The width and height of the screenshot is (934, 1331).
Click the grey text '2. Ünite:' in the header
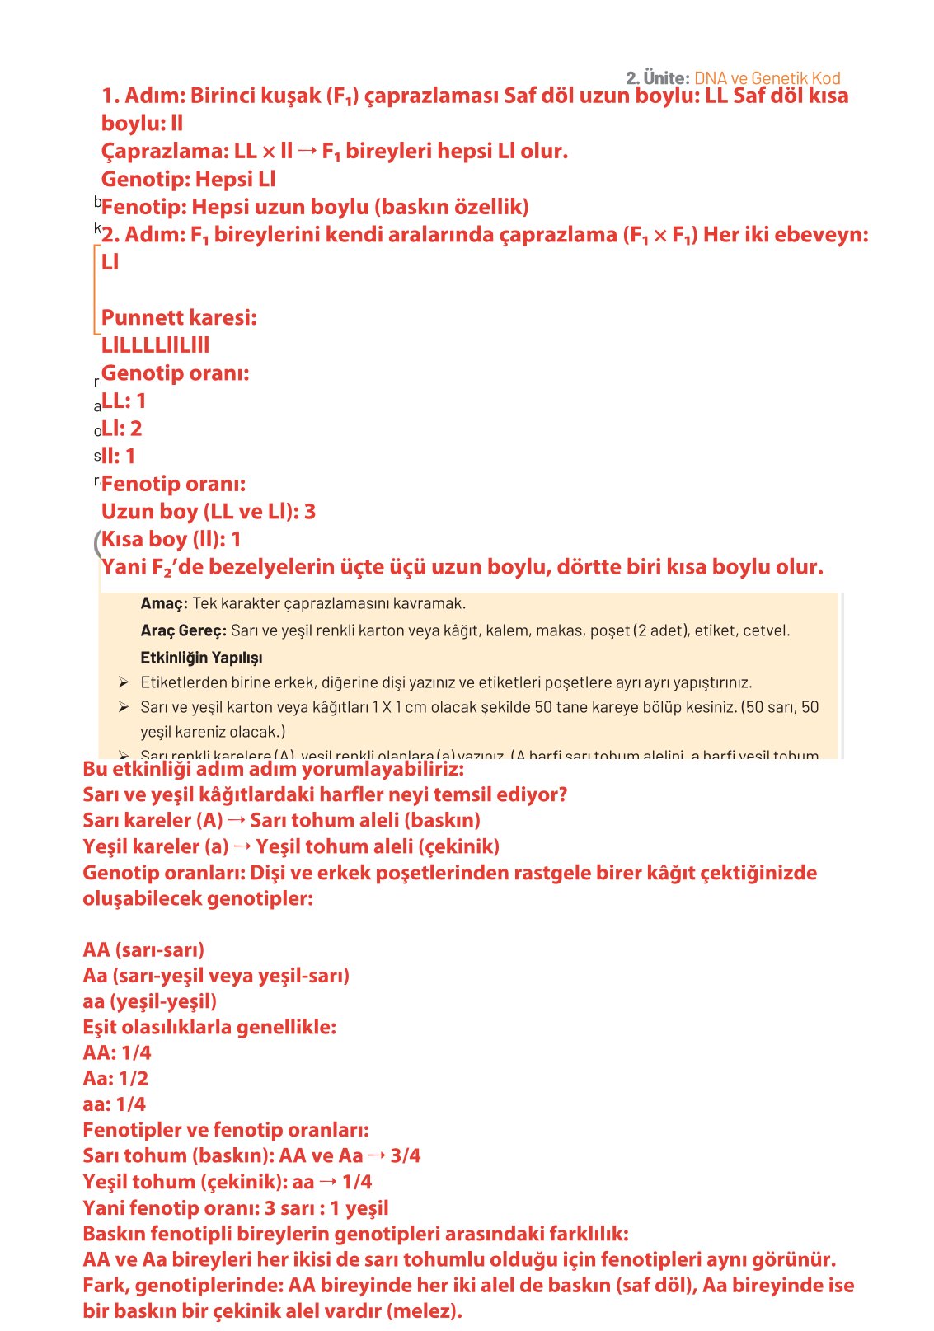tap(657, 78)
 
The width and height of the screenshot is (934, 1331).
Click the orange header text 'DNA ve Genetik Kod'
tap(767, 78)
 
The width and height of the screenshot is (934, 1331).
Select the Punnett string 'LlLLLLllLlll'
tap(155, 345)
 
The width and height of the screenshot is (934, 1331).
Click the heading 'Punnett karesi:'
tap(179, 317)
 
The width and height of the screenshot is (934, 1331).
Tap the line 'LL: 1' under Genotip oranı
tap(124, 401)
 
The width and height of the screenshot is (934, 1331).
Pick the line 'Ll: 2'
tap(121, 429)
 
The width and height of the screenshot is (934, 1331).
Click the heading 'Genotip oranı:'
tap(175, 373)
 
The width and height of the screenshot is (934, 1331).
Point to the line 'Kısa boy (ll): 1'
tap(171, 540)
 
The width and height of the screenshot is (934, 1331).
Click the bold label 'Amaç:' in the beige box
tap(164, 603)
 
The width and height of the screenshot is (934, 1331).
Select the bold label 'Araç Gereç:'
tap(183, 630)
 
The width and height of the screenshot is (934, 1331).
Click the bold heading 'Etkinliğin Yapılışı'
tap(201, 658)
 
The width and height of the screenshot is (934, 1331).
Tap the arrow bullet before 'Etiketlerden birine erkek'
tap(123, 682)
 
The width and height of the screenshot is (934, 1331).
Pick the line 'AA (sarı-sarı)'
tap(143, 949)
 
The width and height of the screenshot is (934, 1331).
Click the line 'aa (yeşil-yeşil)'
tap(149, 1001)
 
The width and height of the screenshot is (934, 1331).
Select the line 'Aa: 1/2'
tap(115, 1078)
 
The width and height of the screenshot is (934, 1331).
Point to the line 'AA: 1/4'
tap(117, 1052)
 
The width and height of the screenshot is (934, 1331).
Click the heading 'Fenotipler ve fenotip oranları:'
tap(226, 1130)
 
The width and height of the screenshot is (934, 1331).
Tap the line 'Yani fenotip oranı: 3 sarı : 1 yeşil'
tap(235, 1208)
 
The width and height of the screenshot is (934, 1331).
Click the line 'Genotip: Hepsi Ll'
tap(188, 179)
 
